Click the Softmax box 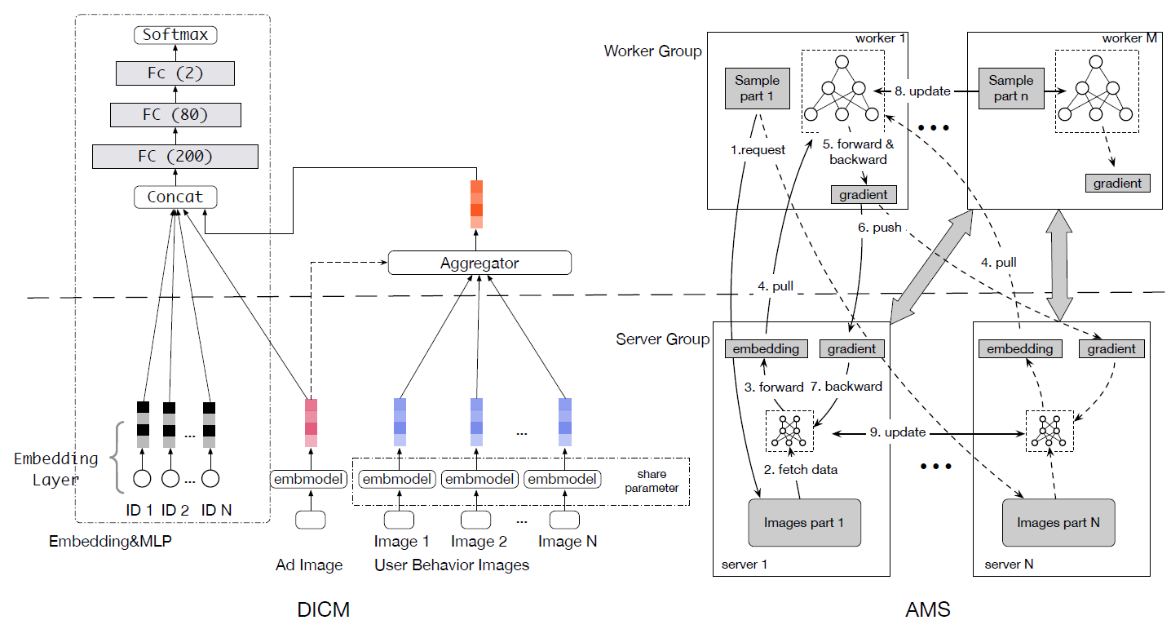tap(175, 34)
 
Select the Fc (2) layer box tap(175, 73)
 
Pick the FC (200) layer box tap(175, 155)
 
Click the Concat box tap(175, 197)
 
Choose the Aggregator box tap(479, 263)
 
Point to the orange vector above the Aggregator tap(476, 204)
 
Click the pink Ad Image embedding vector tap(311, 422)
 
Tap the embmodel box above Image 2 tap(479, 479)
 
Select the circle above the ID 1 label tap(143, 478)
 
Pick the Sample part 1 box tap(758, 88)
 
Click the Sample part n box tap(1010, 88)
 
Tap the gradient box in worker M tap(1117, 183)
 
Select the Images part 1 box tap(804, 522)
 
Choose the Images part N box tap(1058, 522)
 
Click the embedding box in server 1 tap(766, 348)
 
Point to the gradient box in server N tap(1111, 348)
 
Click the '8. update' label tap(923, 91)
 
